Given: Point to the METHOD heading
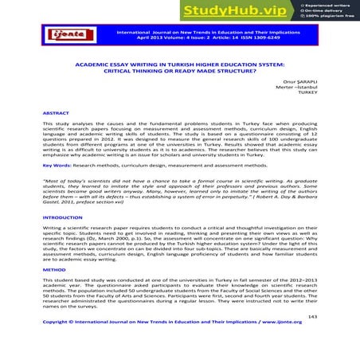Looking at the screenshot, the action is pos(54,268).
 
